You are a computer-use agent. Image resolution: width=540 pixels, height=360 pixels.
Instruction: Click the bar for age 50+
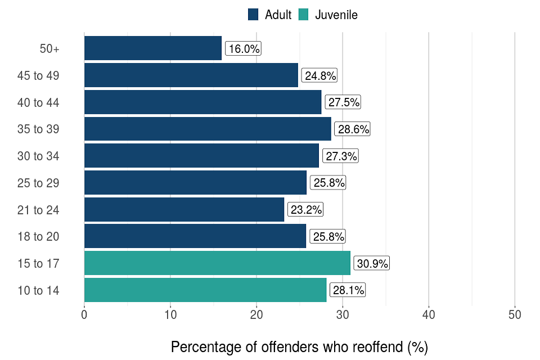[153, 48]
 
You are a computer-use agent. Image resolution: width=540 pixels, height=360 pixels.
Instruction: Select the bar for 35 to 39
[208, 129]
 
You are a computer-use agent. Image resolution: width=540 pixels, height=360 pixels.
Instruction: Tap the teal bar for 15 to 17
[217, 263]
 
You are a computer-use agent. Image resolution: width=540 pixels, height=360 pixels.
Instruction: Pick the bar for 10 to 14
[205, 290]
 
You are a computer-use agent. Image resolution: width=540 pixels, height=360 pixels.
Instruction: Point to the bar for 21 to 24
[184, 210]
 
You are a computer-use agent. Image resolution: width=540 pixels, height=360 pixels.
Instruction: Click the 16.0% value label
[244, 49]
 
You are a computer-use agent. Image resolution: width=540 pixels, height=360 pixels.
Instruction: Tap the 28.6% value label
[353, 129]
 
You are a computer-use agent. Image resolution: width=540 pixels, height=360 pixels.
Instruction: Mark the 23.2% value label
[306, 210]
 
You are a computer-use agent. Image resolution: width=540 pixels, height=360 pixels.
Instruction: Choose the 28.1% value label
[347, 290]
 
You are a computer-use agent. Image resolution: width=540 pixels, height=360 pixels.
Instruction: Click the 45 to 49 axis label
[38, 76]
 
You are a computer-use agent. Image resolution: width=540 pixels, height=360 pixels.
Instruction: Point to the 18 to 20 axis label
[38, 237]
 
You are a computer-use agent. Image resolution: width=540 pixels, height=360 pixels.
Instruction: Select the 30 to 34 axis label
[38, 156]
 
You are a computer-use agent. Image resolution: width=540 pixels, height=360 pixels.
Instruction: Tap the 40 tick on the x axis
[429, 315]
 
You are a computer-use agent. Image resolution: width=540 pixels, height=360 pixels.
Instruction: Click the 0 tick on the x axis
[84, 315]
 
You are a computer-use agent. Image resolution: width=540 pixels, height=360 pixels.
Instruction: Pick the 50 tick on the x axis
[515, 315]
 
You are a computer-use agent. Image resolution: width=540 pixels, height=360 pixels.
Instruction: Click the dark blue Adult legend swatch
[253, 15]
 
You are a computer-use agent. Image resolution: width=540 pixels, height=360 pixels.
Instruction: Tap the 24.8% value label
[319, 76]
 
